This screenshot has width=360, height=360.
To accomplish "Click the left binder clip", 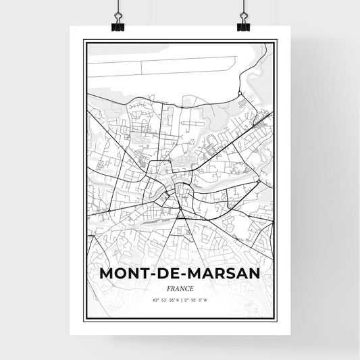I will click(119, 24).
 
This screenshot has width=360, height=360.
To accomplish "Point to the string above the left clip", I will click(119, 7).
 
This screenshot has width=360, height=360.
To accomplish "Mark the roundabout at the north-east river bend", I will click(240, 95).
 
